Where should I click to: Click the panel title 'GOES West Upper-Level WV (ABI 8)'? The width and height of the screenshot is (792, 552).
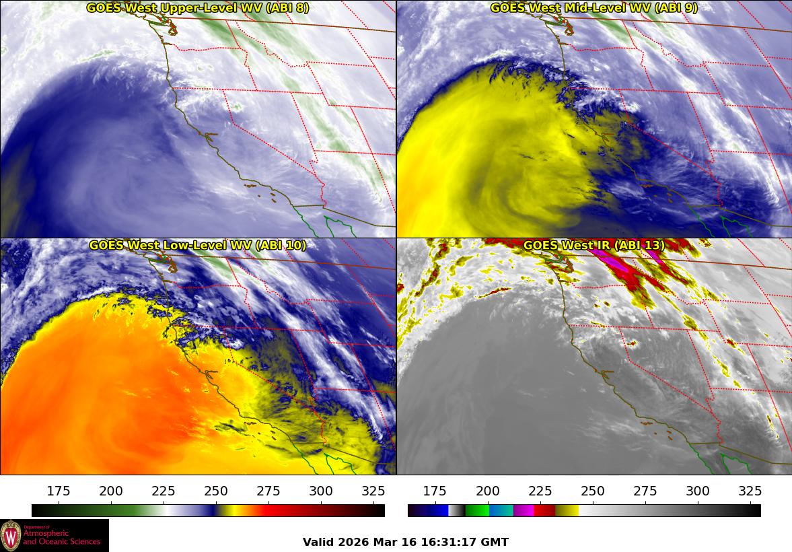[x=198, y=8]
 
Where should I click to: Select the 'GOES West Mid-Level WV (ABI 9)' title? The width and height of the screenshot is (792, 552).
[x=593, y=8]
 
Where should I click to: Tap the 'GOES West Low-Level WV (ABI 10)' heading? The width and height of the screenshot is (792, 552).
[x=198, y=246]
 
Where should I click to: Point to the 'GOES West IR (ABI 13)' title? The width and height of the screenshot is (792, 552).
[x=593, y=246]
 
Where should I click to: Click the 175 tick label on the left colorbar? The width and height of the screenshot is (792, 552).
[x=59, y=491]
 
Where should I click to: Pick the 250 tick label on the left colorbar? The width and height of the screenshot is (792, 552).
[x=216, y=491]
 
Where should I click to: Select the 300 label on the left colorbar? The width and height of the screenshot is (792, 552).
[x=321, y=491]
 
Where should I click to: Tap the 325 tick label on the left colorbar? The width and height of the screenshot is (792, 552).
[x=373, y=491]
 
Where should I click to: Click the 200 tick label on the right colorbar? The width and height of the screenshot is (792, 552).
[x=488, y=491]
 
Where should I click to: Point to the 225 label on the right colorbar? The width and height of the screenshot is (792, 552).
[x=540, y=491]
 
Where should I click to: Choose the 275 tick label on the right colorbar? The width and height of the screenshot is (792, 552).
[x=645, y=491]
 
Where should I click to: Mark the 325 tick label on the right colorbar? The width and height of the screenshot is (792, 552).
[x=750, y=491]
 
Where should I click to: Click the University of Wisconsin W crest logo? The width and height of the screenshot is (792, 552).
[x=11, y=536]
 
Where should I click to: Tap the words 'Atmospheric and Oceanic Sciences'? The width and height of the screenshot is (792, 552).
[x=62, y=537]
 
